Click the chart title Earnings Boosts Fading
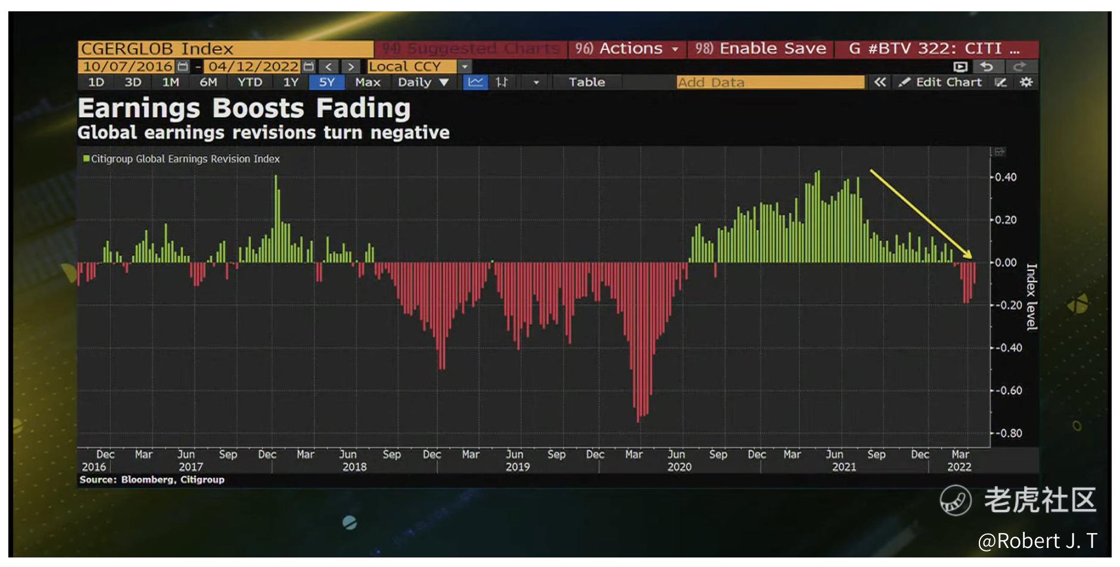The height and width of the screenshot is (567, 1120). tap(244, 109)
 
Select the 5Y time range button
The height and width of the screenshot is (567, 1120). tap(326, 82)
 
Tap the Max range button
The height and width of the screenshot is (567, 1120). tap(368, 82)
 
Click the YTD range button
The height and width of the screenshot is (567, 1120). tap(250, 82)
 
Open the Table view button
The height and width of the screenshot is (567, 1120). tap(587, 82)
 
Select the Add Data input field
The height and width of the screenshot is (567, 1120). tap(770, 82)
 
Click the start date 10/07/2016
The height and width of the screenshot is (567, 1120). tap(128, 67)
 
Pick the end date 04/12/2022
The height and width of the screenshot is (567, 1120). tap(254, 67)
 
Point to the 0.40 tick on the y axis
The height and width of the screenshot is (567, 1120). tap(1006, 177)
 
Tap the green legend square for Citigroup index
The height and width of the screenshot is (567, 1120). tap(86, 158)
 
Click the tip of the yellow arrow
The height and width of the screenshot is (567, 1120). tap(972, 257)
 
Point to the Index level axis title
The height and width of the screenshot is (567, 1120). tap(1031, 297)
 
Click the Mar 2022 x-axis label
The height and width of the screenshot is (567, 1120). tap(960, 460)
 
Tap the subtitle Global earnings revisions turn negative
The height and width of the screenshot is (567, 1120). tap(263, 133)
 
